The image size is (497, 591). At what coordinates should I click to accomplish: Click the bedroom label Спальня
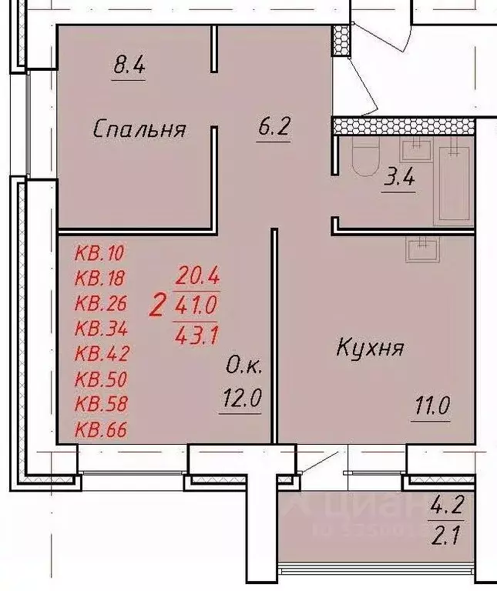pos(139,129)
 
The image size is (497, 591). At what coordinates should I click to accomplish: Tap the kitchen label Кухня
pos(371,348)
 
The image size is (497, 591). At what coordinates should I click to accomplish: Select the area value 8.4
pos(129,66)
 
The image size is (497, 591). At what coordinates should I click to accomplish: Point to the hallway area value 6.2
pos(273,128)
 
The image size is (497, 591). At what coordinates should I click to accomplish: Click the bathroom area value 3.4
pos(400,180)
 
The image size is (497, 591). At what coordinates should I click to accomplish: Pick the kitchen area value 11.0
pos(432,406)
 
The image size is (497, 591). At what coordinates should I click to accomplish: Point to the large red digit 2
pos(158,306)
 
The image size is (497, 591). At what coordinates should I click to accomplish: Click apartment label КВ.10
pos(99,252)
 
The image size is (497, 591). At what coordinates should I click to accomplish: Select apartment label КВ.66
pos(101,429)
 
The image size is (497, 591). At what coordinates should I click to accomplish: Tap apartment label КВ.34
pos(101,329)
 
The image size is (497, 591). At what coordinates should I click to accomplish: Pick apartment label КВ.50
pos(101,379)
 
